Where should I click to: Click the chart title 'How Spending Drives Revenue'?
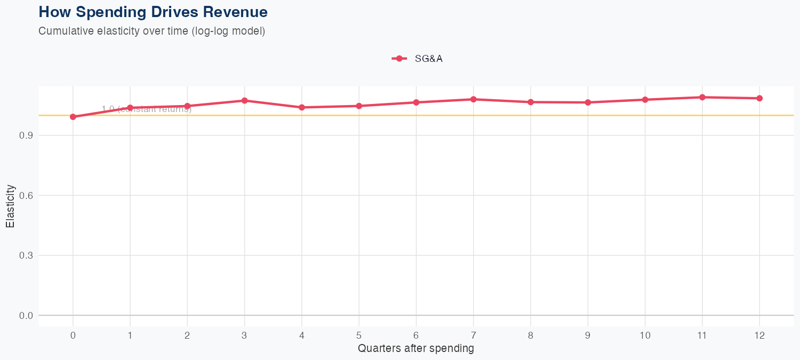tap(153, 12)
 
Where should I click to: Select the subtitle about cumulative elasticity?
tap(151, 31)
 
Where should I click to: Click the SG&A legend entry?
tap(417, 59)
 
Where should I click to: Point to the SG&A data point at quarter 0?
tap(73, 117)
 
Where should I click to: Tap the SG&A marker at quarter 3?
tap(244, 100)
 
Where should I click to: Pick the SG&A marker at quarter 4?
tap(302, 107)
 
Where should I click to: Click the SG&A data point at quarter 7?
tap(474, 99)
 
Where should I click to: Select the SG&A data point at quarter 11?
tap(702, 97)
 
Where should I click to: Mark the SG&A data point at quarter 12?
tap(759, 98)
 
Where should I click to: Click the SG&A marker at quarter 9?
tap(588, 102)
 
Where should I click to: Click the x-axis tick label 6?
tap(416, 335)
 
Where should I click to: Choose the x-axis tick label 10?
tap(645, 335)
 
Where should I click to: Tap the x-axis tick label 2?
tap(187, 335)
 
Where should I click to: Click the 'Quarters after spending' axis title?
tap(416, 349)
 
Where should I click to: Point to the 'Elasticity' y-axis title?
tap(10, 206)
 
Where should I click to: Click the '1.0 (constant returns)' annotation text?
tap(147, 109)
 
